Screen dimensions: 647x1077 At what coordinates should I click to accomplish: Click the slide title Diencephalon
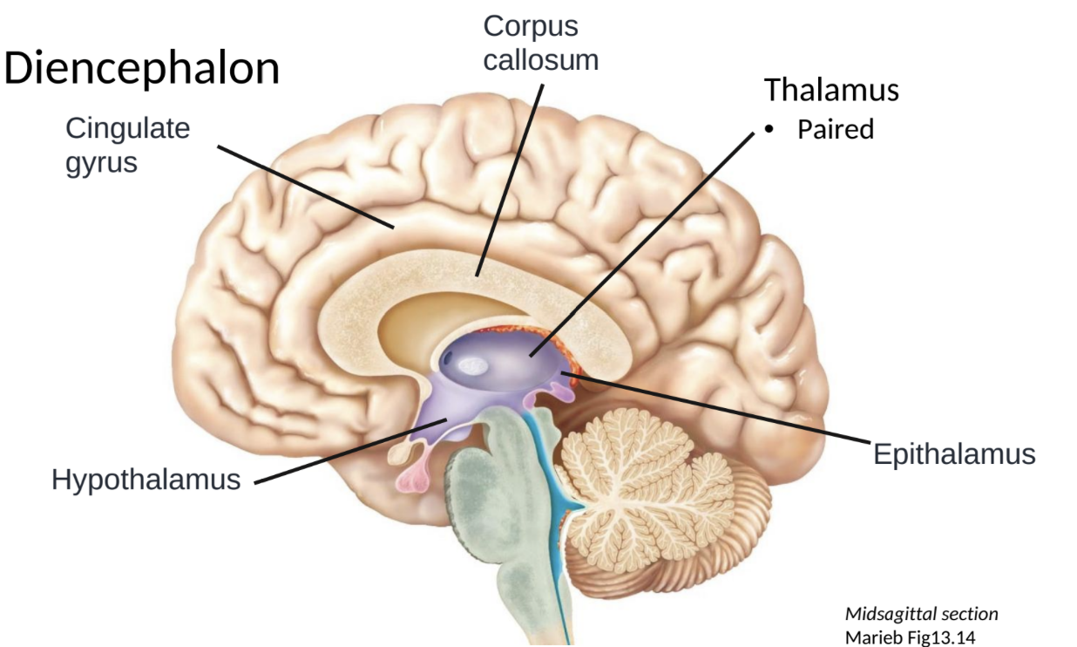142,69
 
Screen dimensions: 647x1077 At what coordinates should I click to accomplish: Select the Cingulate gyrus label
127,145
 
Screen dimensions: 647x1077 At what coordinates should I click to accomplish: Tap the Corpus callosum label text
540,43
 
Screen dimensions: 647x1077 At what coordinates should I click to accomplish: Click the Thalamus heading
831,90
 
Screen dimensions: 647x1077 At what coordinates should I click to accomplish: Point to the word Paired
835,130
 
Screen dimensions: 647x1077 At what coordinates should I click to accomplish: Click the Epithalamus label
954,454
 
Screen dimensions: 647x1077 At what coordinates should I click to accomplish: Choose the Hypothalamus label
146,480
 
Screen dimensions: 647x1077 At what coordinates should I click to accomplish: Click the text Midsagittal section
921,614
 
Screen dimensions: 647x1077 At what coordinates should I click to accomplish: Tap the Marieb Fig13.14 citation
911,637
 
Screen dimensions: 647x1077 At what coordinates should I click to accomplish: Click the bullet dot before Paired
769,130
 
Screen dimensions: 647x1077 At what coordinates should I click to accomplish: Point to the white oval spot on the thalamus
473,367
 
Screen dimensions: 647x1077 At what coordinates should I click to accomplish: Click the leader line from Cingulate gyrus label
305,186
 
